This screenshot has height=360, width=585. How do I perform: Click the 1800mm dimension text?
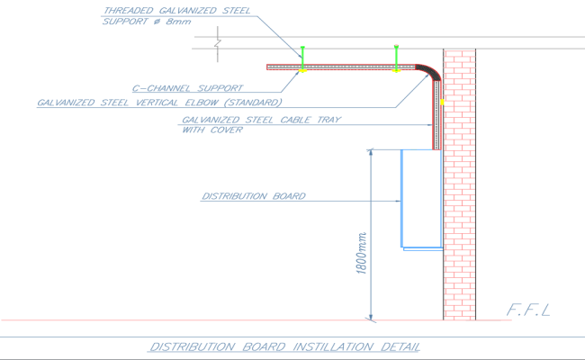pyautogui.click(x=362, y=253)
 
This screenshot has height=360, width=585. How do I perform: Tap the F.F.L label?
pyautogui.click(x=528, y=310)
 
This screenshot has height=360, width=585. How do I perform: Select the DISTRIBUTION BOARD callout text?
pyautogui.click(x=254, y=196)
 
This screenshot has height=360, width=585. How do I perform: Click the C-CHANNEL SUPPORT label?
pyautogui.click(x=188, y=88)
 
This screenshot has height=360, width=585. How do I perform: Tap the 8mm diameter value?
pyautogui.click(x=178, y=22)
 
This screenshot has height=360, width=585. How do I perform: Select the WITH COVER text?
pyautogui.click(x=212, y=130)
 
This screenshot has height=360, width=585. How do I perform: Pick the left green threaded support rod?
pyautogui.click(x=302, y=58)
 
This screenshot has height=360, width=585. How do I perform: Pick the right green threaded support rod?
pyautogui.click(x=396, y=58)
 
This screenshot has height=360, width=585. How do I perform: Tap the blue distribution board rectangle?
pyautogui.click(x=401, y=199)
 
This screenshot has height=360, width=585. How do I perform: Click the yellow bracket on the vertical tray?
pyautogui.click(x=442, y=102)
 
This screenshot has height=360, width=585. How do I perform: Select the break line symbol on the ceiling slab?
pyautogui.click(x=218, y=43)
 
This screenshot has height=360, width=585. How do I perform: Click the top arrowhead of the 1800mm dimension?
pyautogui.click(x=371, y=152)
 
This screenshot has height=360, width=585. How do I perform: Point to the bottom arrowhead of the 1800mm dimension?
pyautogui.click(x=371, y=317)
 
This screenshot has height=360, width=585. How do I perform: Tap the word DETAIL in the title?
pyautogui.click(x=400, y=346)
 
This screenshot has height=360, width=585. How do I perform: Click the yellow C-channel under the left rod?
pyautogui.click(x=302, y=70)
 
